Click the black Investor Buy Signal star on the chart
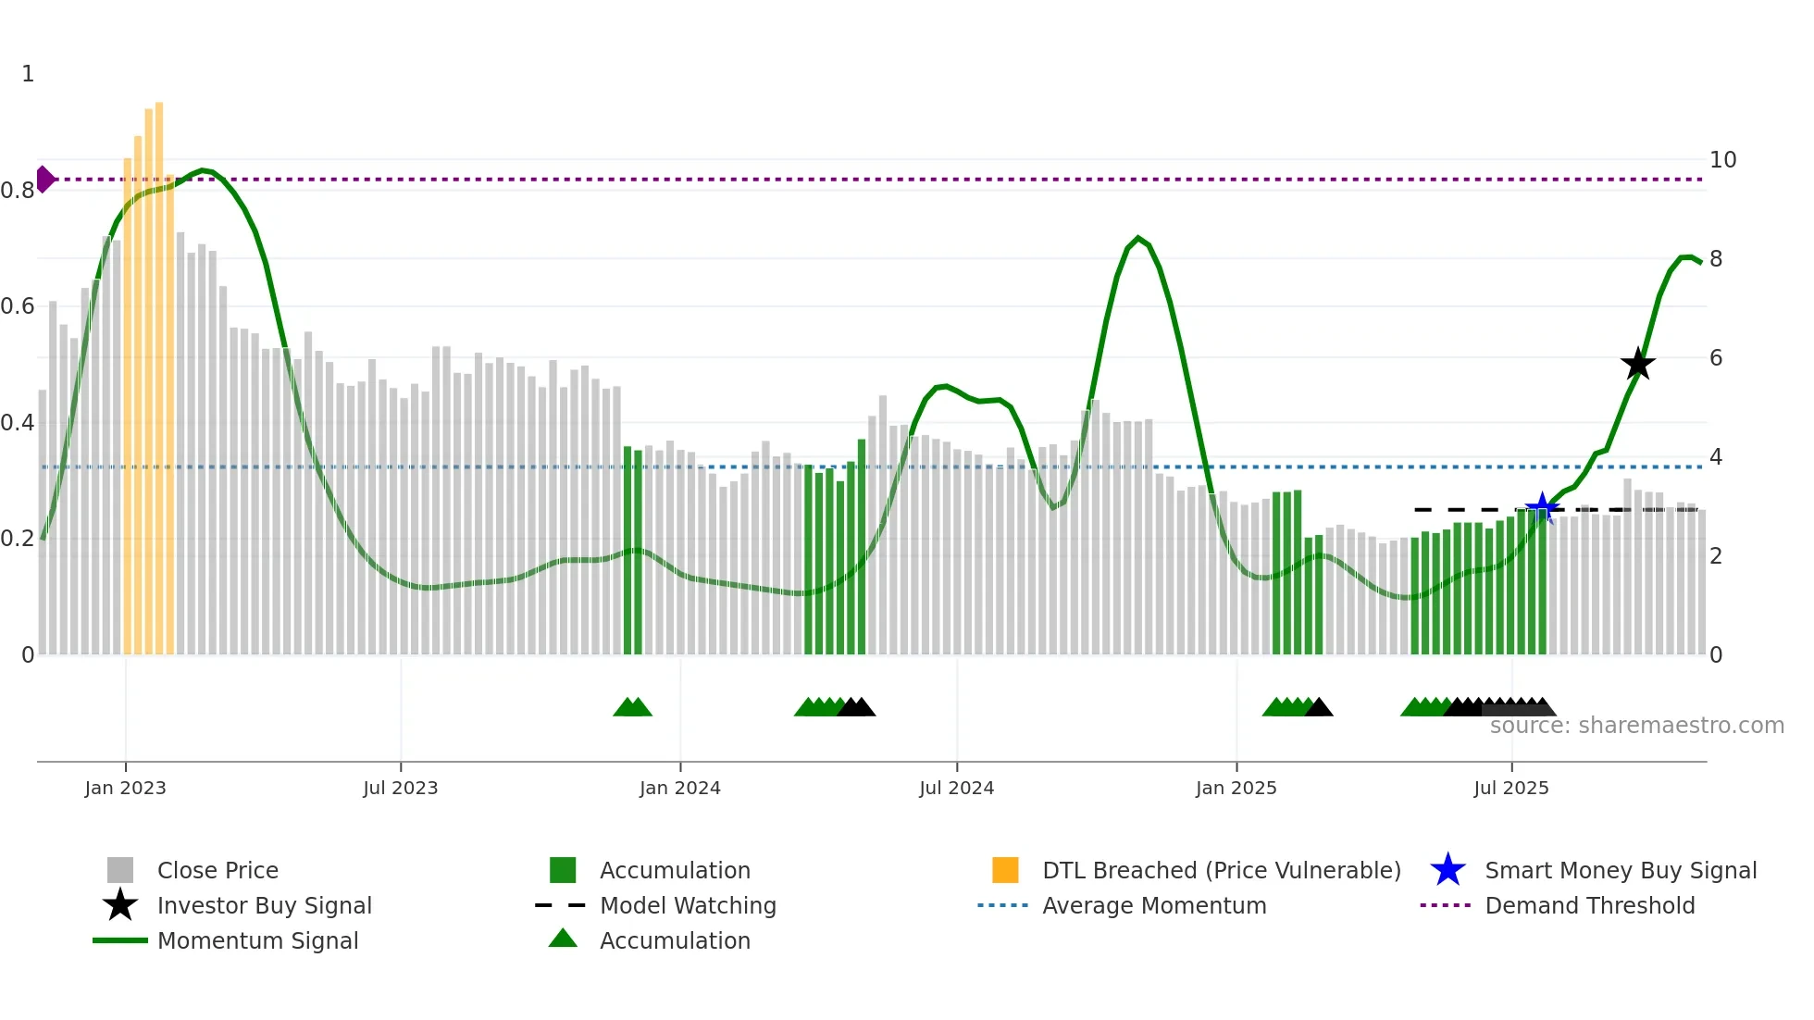pos(1637,364)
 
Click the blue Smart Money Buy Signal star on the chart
pos(1542,508)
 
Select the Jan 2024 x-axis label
pos(679,788)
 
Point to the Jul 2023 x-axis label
pos(400,788)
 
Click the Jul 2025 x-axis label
pos(1510,788)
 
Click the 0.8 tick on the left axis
pos(18,191)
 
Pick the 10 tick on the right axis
pos(1722,160)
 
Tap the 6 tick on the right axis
pos(1716,358)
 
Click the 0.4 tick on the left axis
pos(18,423)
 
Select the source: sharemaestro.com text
pos(1636,726)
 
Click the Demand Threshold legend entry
pos(1589,905)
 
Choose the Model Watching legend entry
pos(688,905)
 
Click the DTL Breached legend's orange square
pos(1005,870)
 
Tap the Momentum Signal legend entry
pos(257,940)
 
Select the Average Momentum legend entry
pos(1153,905)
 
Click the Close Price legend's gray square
pos(120,870)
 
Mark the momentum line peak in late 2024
pos(1138,238)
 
